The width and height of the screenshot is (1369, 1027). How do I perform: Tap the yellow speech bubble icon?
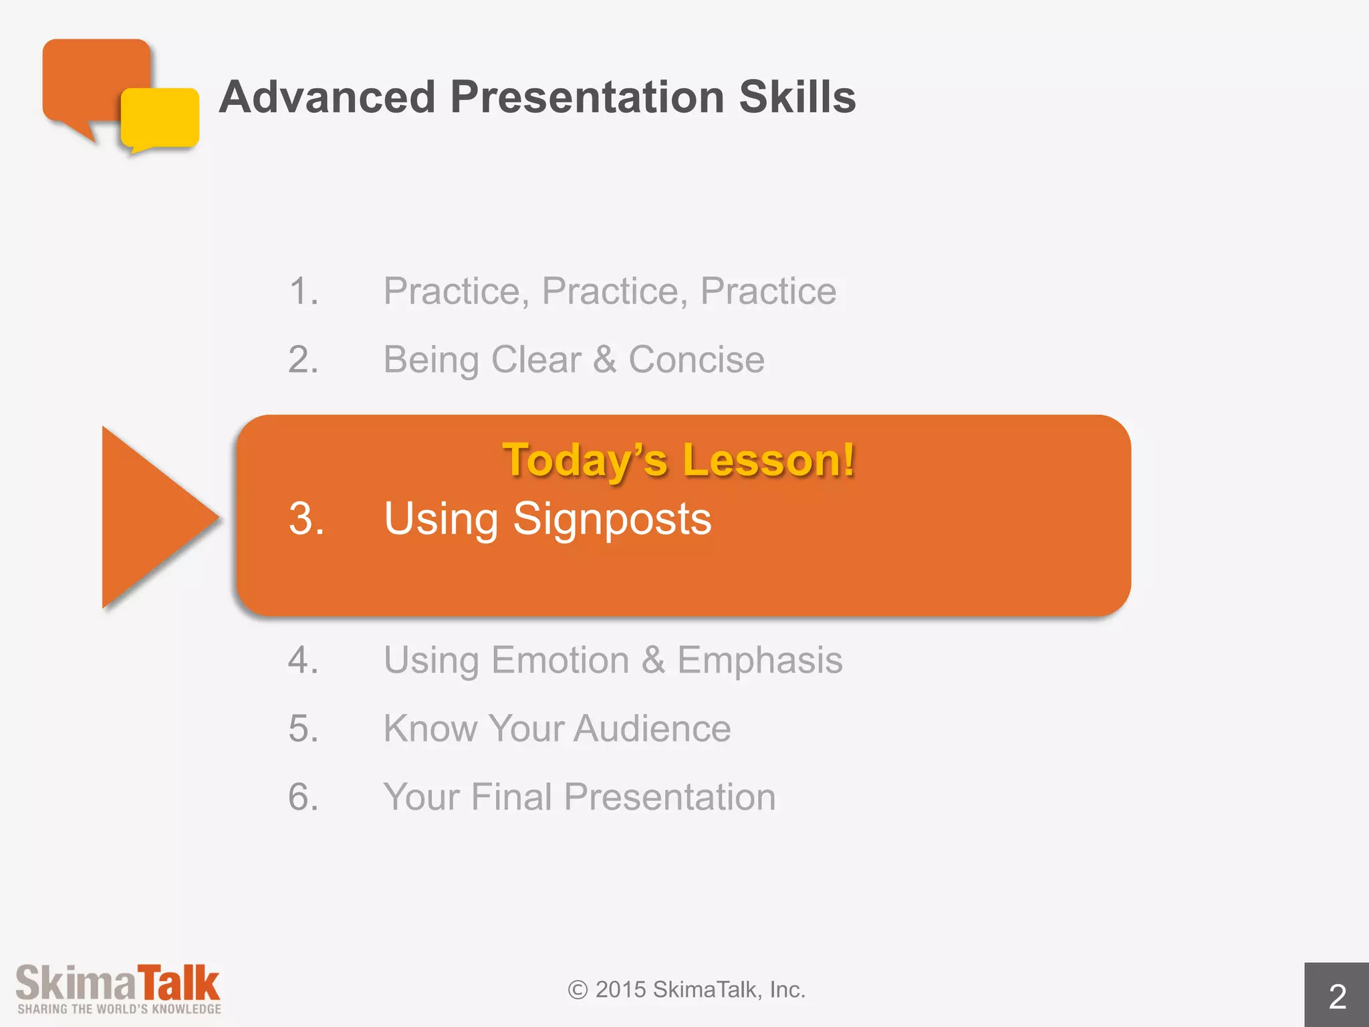[160, 118]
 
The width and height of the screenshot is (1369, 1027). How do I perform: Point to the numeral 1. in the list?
[303, 292]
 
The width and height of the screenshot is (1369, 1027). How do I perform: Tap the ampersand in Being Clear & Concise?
[604, 360]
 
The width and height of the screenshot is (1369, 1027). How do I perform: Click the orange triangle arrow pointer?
[150, 516]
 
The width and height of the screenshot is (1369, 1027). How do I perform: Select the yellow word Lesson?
[769, 460]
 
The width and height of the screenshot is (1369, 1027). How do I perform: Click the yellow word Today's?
[585, 460]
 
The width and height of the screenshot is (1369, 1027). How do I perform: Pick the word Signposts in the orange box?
[612, 519]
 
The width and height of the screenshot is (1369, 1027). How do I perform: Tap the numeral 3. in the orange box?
[306, 519]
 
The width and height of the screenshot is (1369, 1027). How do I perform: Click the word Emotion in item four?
[560, 661]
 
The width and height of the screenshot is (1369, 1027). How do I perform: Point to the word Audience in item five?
[652, 729]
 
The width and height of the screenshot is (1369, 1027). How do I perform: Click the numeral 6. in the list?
[303, 797]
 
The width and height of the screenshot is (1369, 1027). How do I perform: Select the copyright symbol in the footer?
[578, 990]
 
